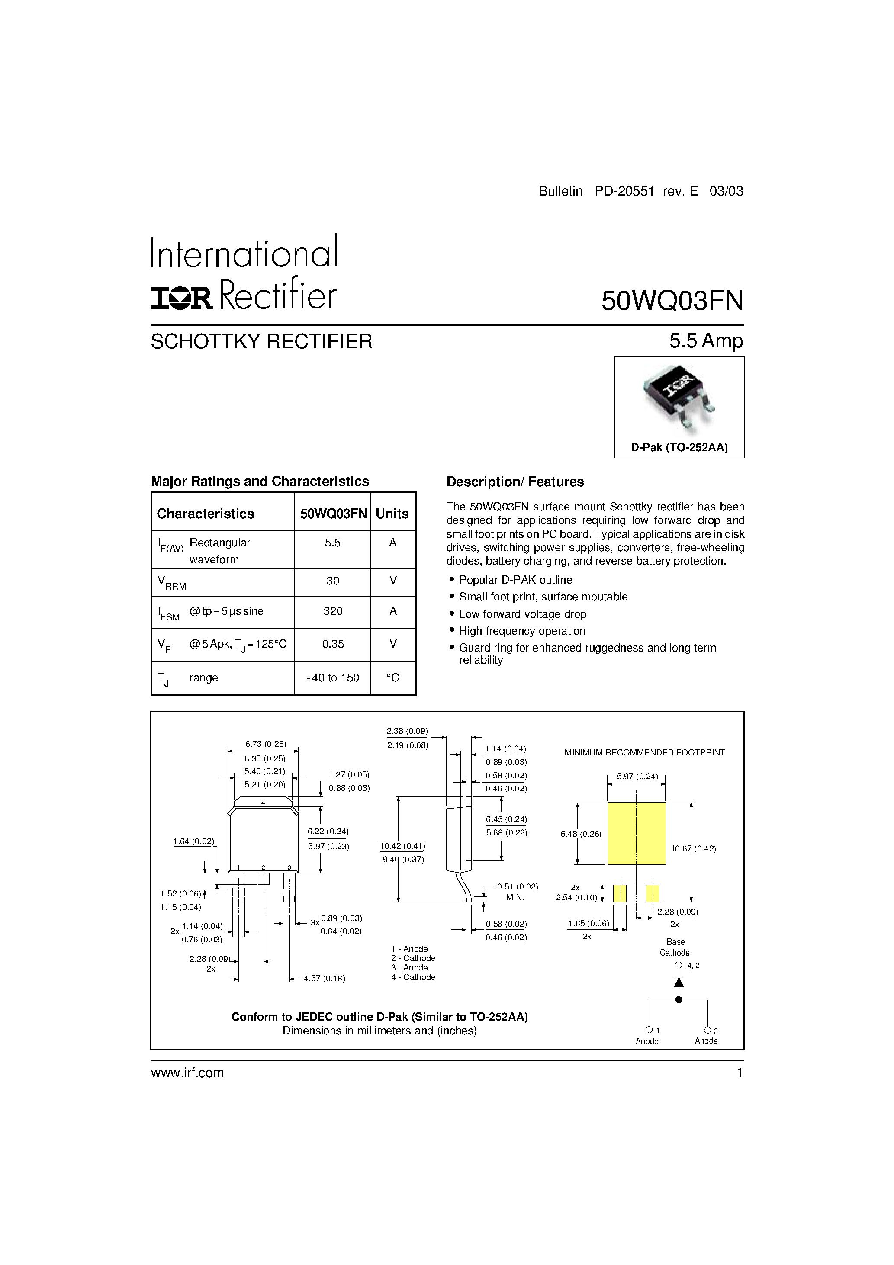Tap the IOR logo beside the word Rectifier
(181, 299)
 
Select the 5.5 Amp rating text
(706, 341)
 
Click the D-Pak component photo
(679, 398)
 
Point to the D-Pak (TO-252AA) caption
(679, 447)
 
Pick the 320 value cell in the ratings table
(333, 611)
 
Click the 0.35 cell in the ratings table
(333, 644)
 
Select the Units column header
(392, 514)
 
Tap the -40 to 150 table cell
(333, 677)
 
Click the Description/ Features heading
(515, 482)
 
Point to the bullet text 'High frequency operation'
(522, 631)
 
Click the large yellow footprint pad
(636, 834)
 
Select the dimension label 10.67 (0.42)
(693, 848)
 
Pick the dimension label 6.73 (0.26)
(266, 744)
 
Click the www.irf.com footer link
(187, 1073)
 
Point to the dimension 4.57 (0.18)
(324, 979)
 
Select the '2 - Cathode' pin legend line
(413, 958)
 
